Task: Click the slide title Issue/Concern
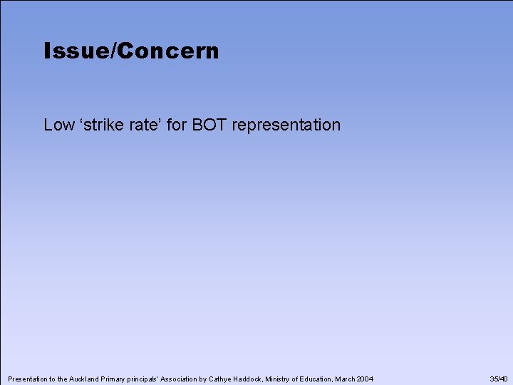(131, 51)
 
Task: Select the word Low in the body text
(58, 125)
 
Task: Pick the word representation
(286, 125)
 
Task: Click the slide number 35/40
(499, 379)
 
